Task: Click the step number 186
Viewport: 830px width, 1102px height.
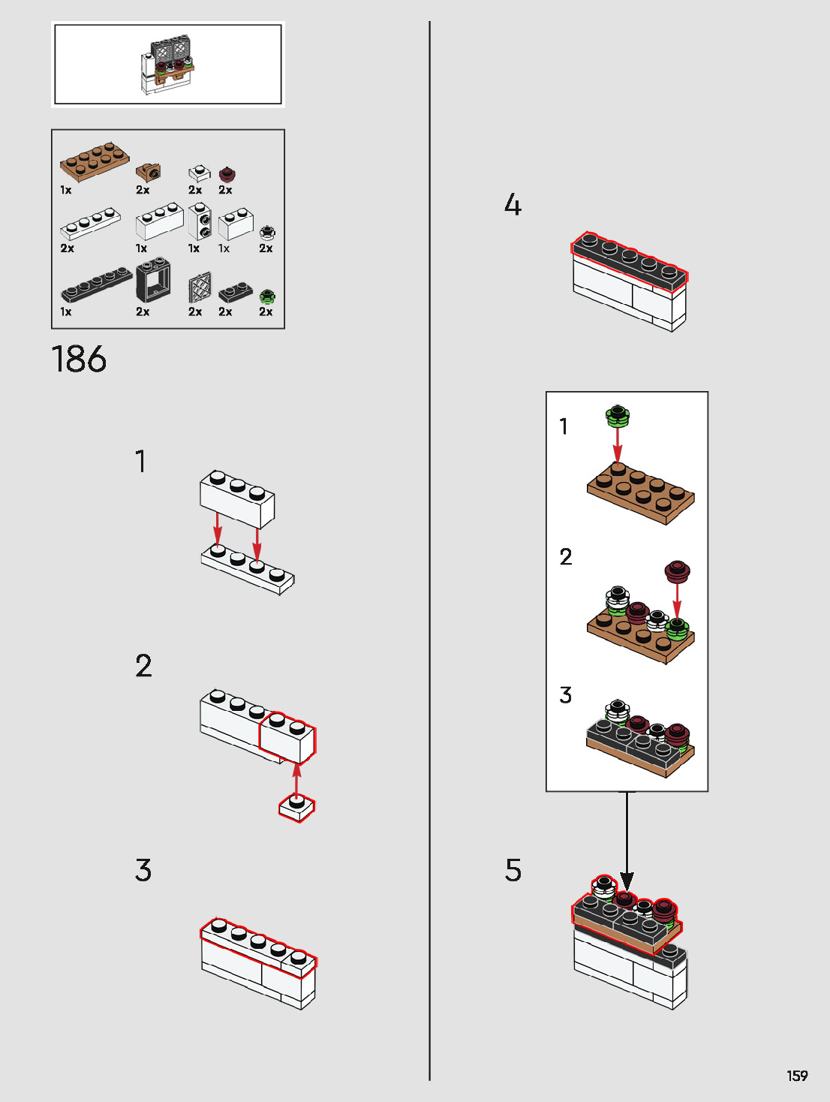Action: tap(79, 359)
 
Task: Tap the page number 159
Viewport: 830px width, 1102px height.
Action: tap(798, 1076)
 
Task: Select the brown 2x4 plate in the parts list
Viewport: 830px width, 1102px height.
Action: tap(95, 161)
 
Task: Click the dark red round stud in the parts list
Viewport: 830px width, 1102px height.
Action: tap(227, 173)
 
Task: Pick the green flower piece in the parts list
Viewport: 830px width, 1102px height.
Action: tap(267, 297)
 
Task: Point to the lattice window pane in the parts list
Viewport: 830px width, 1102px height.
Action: tap(200, 288)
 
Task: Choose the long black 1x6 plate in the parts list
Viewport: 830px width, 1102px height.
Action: tap(96, 285)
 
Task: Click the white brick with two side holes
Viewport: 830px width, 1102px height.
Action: tap(200, 221)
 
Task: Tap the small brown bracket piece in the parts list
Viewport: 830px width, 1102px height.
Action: tap(149, 172)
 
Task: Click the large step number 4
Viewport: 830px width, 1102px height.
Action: tap(513, 204)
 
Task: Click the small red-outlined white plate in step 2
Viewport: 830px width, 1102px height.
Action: tap(297, 807)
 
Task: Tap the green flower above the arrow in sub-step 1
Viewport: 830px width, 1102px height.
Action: tap(617, 416)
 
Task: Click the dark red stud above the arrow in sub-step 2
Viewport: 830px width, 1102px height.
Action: tap(678, 571)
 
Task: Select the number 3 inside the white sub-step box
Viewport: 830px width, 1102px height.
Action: tap(566, 695)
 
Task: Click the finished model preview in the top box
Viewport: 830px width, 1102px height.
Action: tap(167, 65)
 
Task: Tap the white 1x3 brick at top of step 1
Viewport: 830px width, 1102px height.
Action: tap(237, 498)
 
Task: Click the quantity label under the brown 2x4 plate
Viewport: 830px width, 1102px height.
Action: tap(66, 190)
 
